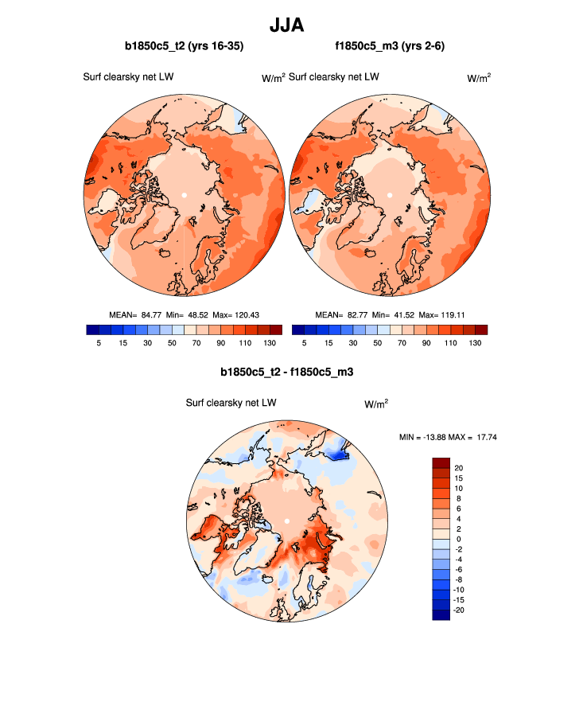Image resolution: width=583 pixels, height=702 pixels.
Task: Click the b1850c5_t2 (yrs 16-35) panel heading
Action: click(x=184, y=47)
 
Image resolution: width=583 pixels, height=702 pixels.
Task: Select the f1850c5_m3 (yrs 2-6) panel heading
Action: click(x=389, y=47)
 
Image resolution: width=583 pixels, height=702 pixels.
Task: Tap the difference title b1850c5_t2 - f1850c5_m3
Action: click(x=286, y=372)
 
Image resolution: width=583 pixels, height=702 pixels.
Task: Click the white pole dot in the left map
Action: click(x=184, y=195)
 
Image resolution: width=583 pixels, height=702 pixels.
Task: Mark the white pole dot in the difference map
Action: click(x=286, y=521)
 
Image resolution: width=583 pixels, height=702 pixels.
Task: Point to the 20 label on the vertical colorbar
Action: click(x=459, y=467)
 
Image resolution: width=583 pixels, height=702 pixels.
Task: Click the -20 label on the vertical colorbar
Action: click(x=461, y=609)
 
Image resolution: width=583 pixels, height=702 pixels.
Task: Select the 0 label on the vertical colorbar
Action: click(x=458, y=539)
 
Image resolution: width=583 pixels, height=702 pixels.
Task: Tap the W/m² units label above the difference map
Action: click(x=376, y=404)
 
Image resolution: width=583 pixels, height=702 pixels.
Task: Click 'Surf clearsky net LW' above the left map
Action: click(x=128, y=77)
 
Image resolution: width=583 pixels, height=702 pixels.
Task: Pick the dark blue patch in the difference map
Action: click(x=340, y=454)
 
